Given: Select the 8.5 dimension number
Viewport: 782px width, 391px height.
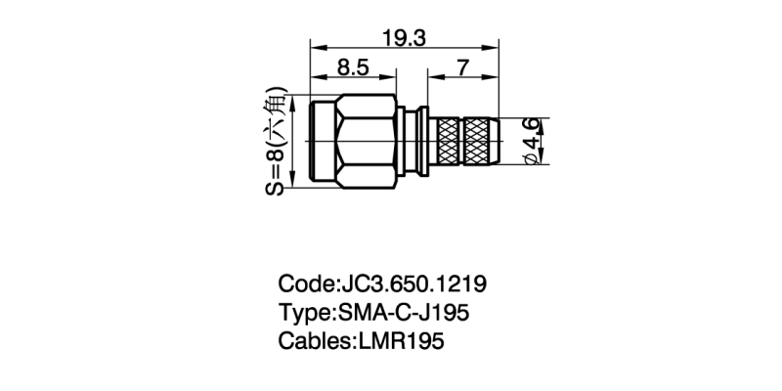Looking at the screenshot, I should click(x=352, y=68).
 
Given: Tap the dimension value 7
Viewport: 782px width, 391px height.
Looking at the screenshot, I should click(x=463, y=68).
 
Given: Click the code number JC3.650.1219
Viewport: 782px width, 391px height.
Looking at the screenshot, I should click(x=413, y=284).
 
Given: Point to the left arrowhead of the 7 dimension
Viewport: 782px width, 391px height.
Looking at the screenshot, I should click(x=428, y=77).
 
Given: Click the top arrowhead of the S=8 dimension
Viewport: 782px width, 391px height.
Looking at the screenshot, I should click(x=293, y=98).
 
